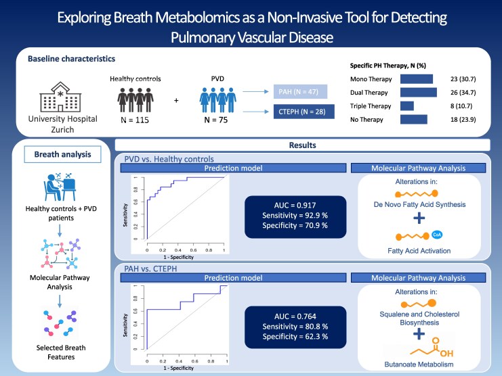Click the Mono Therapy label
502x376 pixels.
[x=366, y=80]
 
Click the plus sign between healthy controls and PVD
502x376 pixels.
[x=177, y=101]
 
